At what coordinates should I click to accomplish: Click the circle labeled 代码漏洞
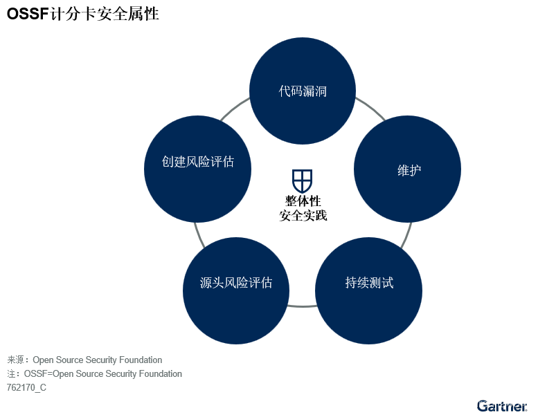point(303,91)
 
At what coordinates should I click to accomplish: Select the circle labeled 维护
point(407,169)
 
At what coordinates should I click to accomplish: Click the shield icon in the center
point(302,180)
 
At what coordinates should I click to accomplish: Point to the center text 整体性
point(303,201)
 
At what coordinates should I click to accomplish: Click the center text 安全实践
point(303,216)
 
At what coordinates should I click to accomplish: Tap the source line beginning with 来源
point(84,360)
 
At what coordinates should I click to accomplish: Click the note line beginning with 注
point(94,373)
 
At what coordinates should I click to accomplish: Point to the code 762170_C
point(26,387)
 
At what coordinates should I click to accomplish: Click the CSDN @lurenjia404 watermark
point(476,403)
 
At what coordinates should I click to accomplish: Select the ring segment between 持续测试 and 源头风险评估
point(302,306)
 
